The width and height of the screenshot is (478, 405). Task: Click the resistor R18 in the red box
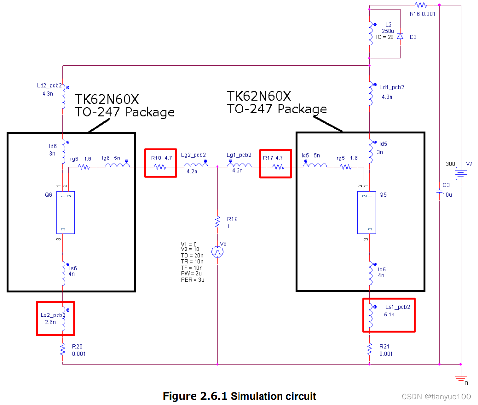click(160, 167)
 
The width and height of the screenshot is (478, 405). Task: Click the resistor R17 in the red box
click(277, 167)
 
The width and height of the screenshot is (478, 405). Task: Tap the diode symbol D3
click(400, 37)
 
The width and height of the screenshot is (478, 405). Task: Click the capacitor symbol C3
click(439, 191)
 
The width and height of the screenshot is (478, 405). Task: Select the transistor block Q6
click(65, 213)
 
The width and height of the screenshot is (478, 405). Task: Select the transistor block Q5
click(367, 213)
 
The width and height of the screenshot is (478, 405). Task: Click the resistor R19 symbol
click(217, 223)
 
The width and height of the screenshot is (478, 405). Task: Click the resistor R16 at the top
click(421, 5)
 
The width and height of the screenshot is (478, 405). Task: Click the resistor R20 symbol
click(63, 349)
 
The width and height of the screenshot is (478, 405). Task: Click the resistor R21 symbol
click(370, 349)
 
